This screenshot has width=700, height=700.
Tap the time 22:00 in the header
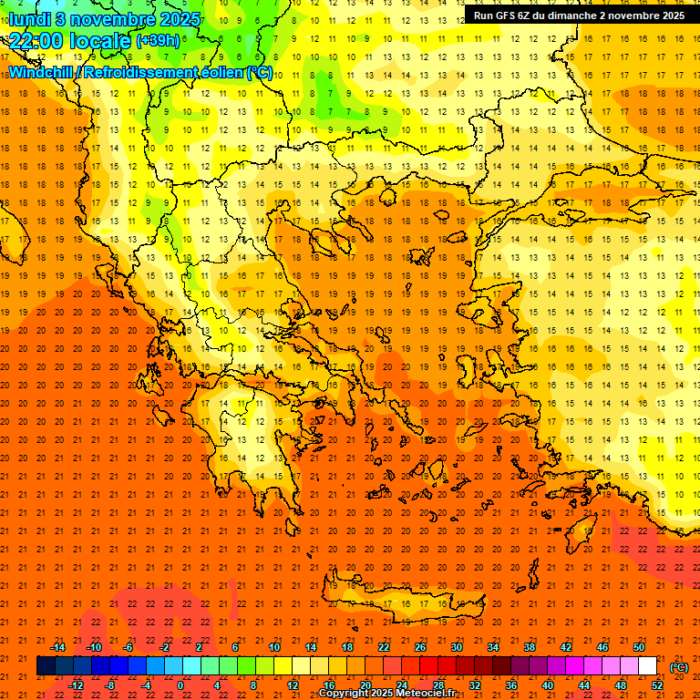tap(38, 41)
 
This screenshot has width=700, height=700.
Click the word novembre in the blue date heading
tap(109, 17)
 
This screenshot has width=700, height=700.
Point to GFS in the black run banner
tap(508, 15)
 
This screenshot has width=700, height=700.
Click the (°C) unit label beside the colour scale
tap(679, 667)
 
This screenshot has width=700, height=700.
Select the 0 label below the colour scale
tap(180, 685)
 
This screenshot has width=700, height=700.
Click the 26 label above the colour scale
tap(420, 647)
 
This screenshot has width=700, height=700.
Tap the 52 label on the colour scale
tap(657, 685)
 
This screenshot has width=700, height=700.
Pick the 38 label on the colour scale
tap(529, 647)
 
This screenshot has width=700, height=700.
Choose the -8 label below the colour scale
tap(110, 685)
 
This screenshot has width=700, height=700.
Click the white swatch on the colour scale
tap(647, 666)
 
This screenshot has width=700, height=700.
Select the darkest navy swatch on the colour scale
tap(46, 666)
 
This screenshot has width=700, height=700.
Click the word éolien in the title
tap(218, 72)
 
